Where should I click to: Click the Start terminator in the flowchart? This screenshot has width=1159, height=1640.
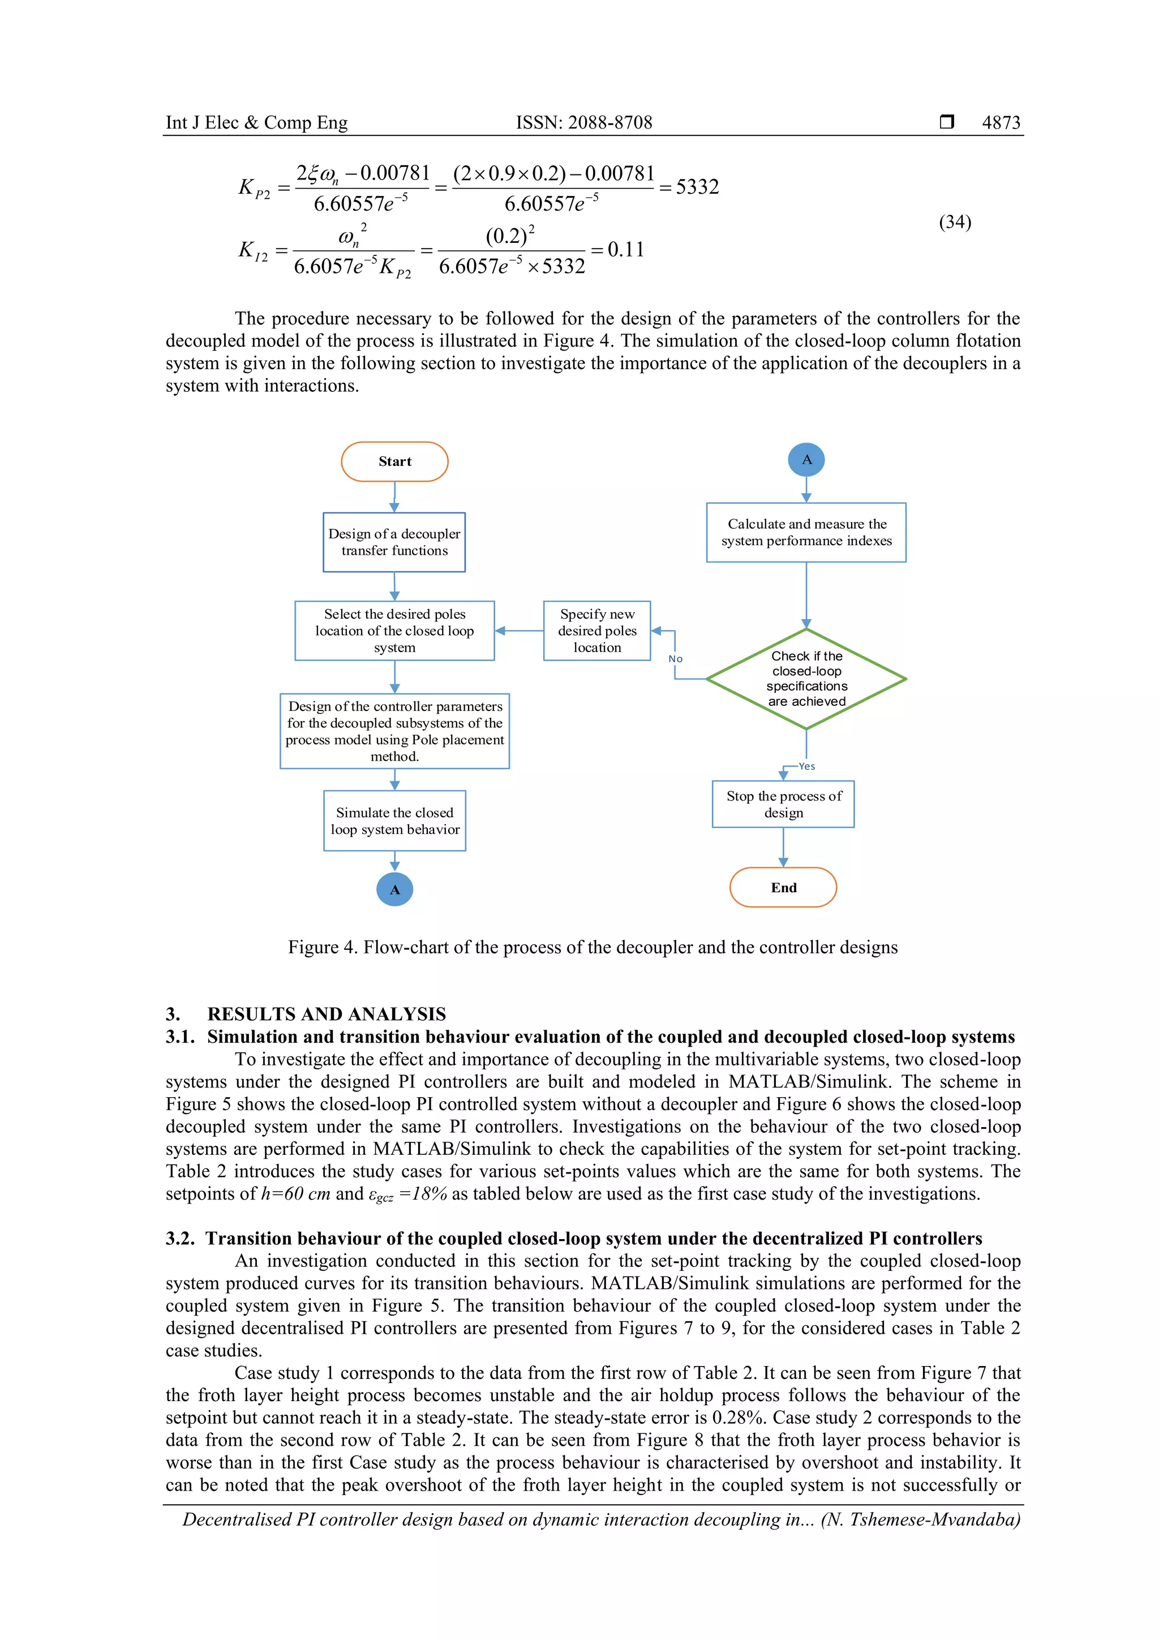click(394, 461)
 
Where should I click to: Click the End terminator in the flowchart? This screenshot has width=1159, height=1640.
click(783, 887)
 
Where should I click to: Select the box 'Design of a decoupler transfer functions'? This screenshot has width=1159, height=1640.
click(394, 542)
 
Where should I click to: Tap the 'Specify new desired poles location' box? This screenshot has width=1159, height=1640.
click(597, 631)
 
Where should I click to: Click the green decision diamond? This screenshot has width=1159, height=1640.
click(806, 679)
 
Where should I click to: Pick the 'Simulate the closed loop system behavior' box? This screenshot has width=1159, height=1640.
click(394, 821)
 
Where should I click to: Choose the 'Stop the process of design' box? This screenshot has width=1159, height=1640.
click(783, 804)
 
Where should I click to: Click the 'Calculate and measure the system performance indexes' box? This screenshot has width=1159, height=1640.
click(806, 532)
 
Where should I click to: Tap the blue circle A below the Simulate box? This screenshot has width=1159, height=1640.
click(394, 889)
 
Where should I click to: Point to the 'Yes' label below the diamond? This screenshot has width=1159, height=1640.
click(807, 767)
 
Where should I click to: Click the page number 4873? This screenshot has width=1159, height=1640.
click(1001, 122)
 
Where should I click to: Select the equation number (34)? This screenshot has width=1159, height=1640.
click(955, 222)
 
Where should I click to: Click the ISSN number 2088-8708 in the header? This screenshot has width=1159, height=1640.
click(610, 122)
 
